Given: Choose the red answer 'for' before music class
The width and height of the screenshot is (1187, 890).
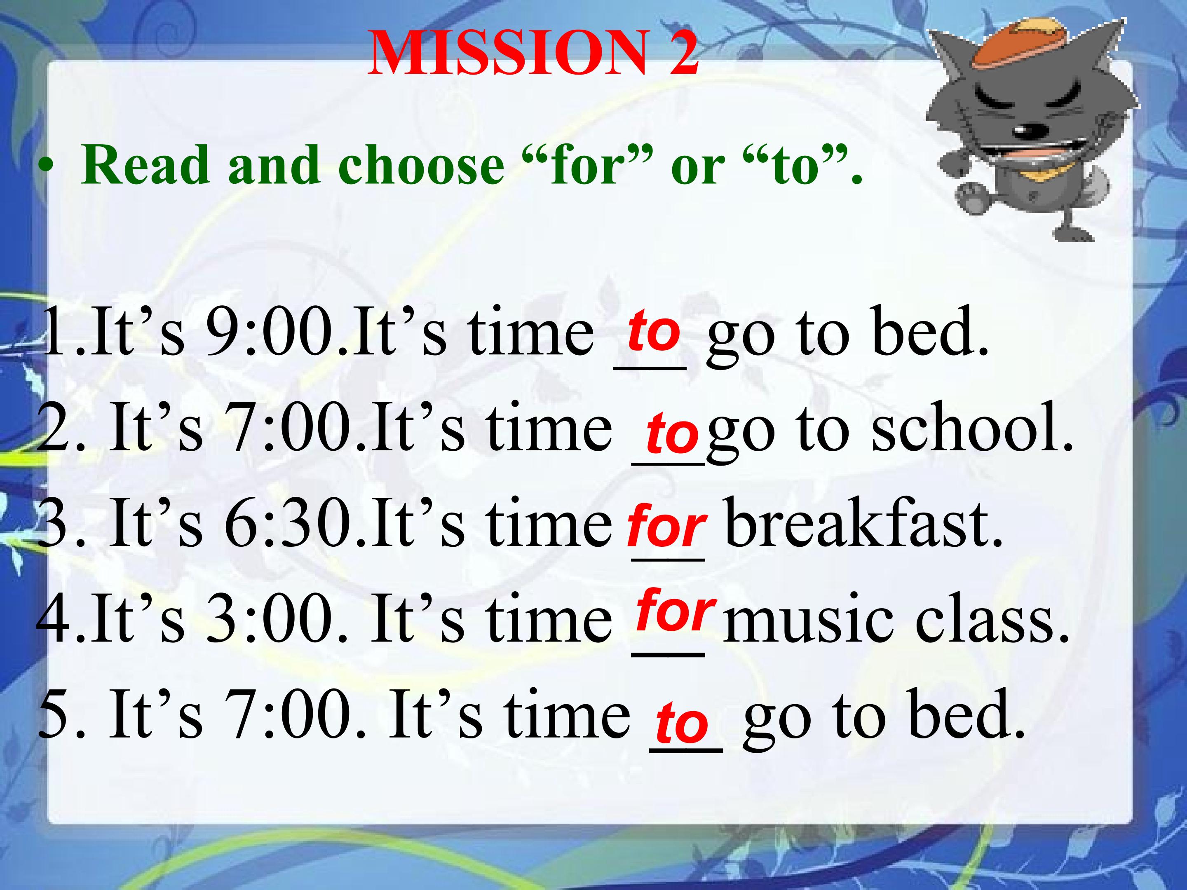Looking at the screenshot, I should pos(676,610).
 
